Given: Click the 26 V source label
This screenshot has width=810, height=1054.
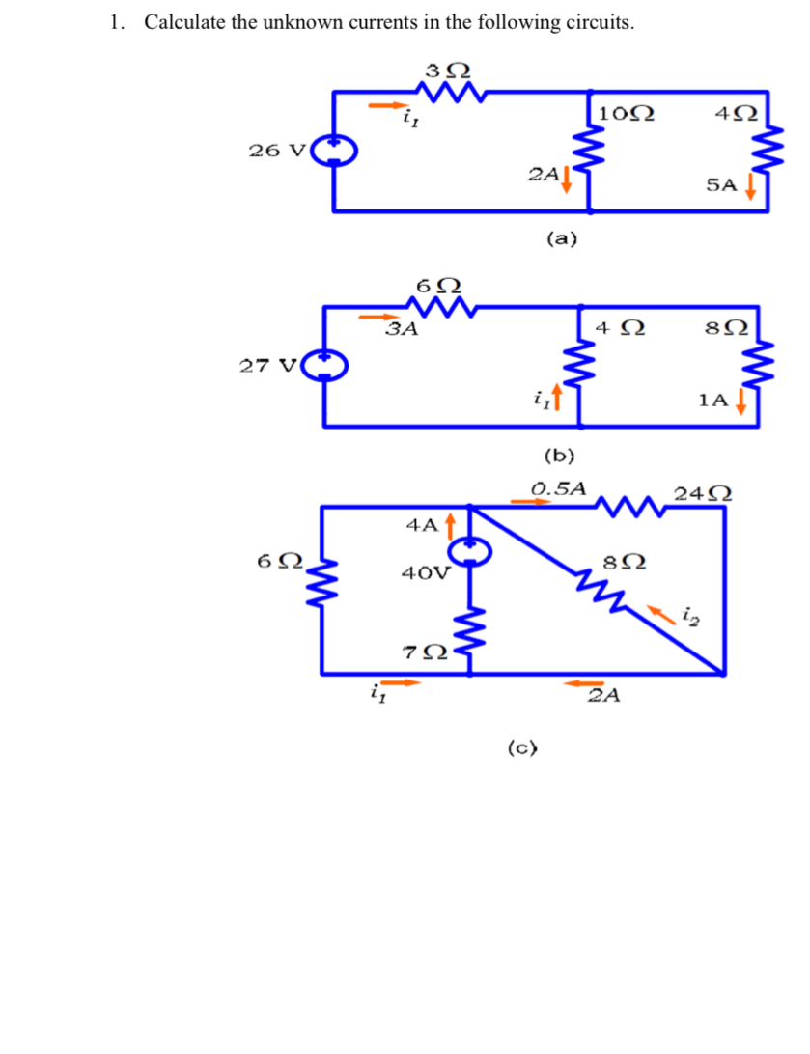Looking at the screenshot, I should click(277, 150).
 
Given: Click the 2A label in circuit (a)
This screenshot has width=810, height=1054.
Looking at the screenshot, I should click(543, 175).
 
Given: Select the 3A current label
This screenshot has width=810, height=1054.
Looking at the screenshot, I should click(402, 330).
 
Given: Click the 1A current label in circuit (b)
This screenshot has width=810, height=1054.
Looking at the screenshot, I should click(713, 401).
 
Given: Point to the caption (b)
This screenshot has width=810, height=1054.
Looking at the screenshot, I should click(560, 454).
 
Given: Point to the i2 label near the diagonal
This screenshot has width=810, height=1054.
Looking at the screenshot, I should click(688, 611).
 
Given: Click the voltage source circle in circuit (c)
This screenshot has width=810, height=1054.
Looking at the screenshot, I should click(470, 550).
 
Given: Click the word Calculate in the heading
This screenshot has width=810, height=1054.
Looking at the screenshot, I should click(184, 23).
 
